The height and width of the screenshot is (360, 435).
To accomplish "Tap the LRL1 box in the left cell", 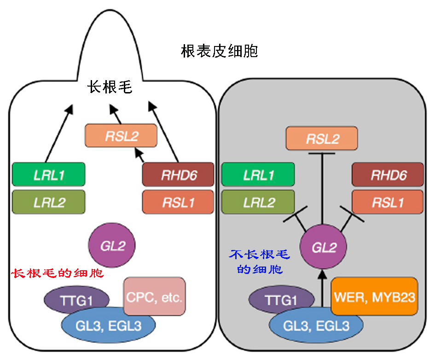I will [x=48, y=175].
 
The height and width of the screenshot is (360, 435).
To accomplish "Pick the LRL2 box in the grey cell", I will [x=258, y=202].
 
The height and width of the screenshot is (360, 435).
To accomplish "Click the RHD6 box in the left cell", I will [x=178, y=175].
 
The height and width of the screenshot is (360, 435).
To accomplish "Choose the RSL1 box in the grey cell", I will [x=388, y=202].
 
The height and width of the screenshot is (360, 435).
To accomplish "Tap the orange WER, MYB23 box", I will [x=374, y=297].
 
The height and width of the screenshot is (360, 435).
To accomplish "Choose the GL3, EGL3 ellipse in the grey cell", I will [x=316, y=326].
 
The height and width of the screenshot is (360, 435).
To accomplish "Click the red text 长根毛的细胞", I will [x=57, y=273].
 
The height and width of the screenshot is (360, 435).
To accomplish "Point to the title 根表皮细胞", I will [x=219, y=51].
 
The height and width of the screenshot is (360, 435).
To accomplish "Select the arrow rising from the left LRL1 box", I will [x=58, y=134].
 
